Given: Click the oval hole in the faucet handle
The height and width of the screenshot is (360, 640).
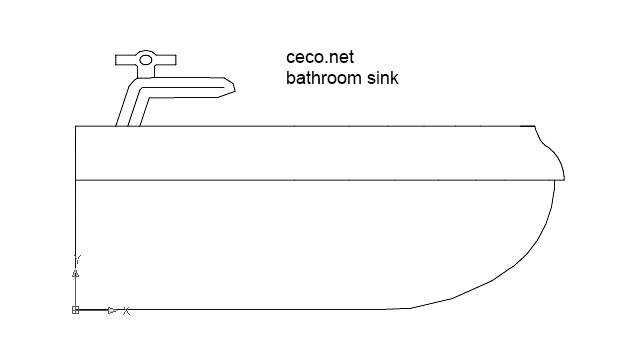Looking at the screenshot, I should tap(146, 60).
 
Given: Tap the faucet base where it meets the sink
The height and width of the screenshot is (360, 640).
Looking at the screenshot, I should tap(129, 122).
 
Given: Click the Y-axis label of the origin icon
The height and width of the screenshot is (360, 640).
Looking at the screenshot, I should tap(77, 258).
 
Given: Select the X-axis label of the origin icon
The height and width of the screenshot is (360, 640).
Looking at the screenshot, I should tap(127, 311).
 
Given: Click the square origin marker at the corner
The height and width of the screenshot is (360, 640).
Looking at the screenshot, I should tap(76, 310).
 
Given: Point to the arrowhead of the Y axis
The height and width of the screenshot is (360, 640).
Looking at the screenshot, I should tap(76, 272).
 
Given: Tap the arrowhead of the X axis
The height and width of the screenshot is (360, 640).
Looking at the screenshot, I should tap(112, 310).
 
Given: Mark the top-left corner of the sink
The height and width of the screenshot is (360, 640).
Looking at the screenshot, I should tap(77, 126).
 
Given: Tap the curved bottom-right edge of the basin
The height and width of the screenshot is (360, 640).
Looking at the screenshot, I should tap(520, 260).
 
